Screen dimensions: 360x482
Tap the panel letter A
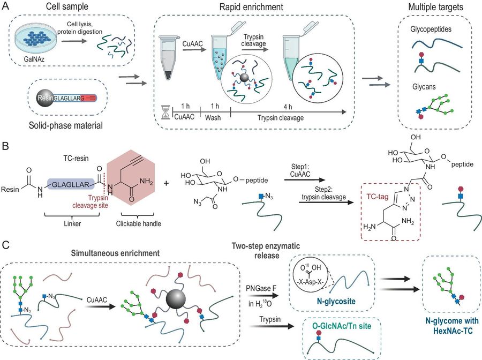pos(6,5)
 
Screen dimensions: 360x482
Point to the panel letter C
pos(6,244)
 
